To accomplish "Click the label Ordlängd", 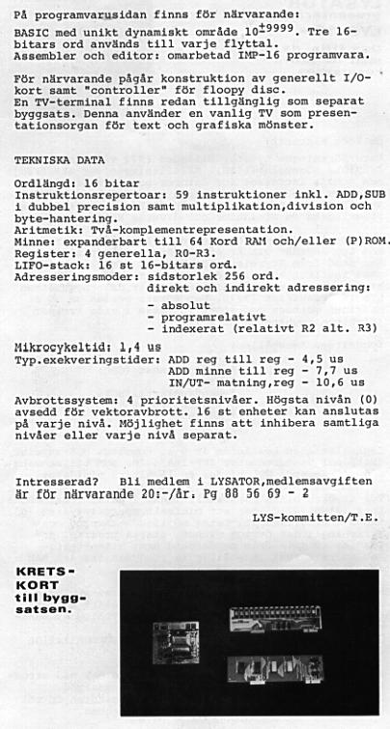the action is click(44, 182).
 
